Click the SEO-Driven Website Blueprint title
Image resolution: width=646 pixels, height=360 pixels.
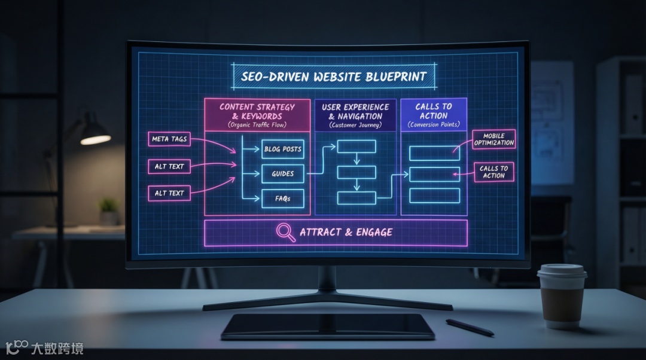coord(333,77)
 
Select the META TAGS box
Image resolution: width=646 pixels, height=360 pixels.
coord(169,139)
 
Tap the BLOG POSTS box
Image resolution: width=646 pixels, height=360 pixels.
coord(282,149)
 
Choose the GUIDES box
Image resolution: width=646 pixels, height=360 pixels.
coord(282,173)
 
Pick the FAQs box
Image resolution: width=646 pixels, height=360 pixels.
coord(282,199)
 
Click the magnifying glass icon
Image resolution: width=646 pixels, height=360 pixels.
coord(285,232)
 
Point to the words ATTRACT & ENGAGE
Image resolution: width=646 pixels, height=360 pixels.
coord(346,232)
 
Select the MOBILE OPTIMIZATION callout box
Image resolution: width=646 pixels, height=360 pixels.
coord(494,139)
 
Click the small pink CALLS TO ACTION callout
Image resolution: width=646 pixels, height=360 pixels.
coord(493,172)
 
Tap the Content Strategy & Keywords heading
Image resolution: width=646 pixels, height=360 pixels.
coord(257,111)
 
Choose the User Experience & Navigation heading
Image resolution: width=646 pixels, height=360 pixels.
coord(355,111)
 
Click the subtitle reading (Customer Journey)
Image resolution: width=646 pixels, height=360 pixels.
coord(355,126)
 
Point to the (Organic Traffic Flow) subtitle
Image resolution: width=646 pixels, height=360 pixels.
coord(257,125)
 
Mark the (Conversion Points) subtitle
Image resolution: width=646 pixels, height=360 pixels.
coord(433,125)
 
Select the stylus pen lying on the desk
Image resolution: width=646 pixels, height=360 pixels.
coord(470,327)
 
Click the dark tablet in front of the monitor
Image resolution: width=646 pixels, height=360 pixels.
coord(328,326)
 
